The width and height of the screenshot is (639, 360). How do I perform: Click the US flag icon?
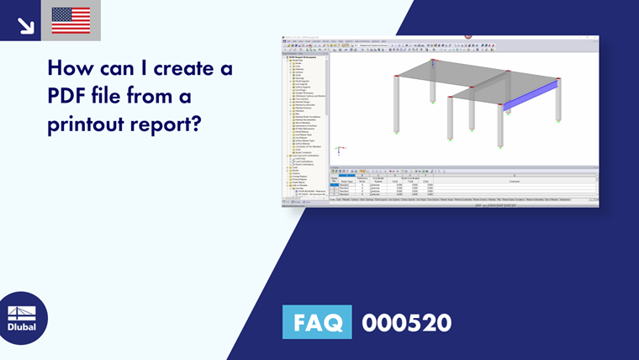tap(71, 20)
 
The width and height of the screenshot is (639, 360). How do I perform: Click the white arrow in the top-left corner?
tap(25, 24)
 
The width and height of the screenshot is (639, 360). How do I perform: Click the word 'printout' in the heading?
tap(92, 124)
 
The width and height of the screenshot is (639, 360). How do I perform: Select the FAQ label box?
tap(317, 322)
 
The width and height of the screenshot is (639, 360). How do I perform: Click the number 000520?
tap(406, 322)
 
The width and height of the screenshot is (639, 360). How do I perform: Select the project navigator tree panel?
tap(304, 126)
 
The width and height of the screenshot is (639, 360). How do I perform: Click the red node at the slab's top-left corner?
tap(433, 61)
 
